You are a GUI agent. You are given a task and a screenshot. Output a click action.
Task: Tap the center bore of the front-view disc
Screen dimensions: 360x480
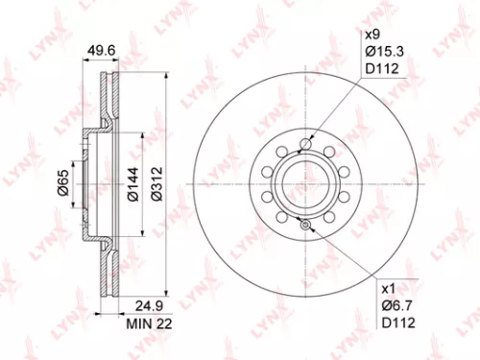[304, 181]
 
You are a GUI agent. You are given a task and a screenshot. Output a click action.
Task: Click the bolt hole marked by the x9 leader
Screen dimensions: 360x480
[304, 145]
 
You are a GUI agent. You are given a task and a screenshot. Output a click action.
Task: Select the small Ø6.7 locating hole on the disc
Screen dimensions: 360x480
[304, 226]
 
